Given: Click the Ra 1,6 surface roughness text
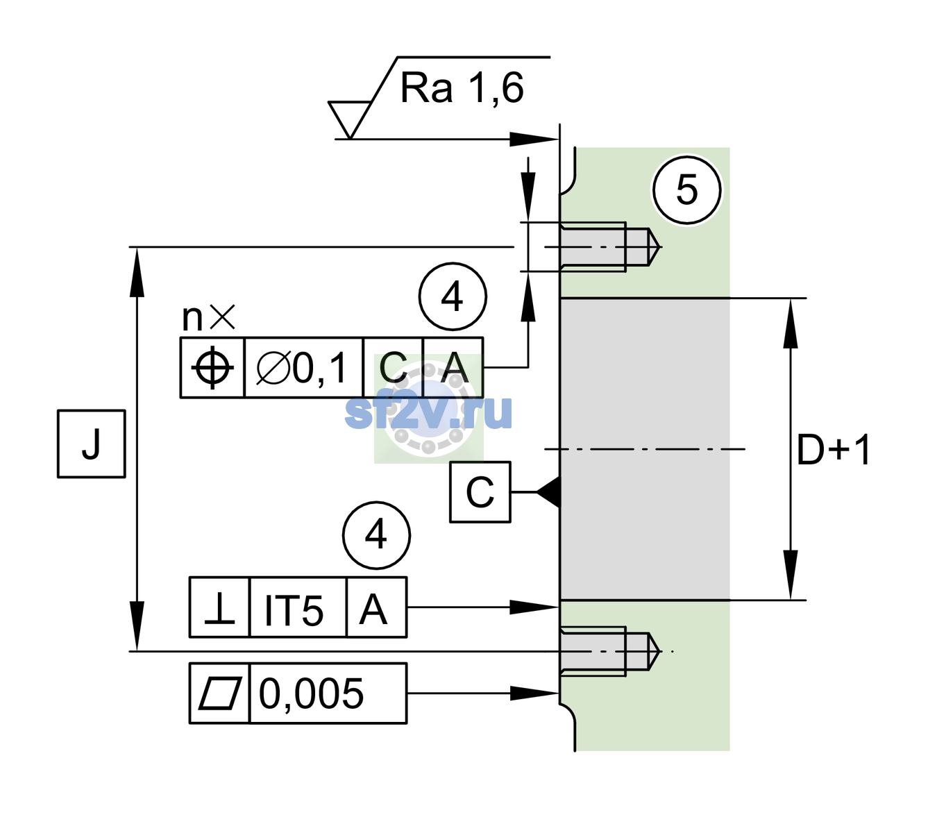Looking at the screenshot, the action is point(461,88).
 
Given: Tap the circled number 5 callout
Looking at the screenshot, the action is point(686,190).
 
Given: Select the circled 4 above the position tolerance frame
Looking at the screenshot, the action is point(453,296).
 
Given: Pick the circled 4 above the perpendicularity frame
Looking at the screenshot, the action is point(376,535).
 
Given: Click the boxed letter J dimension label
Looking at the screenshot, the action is point(91,444).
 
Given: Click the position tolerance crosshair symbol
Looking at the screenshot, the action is point(212,368).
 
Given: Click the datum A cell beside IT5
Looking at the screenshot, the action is point(376,607).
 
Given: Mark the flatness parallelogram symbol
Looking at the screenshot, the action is point(220,693).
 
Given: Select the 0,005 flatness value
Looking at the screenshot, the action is point(311,693).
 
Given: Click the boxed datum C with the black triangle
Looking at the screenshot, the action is point(480,491).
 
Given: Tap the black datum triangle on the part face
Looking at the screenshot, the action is point(548,491).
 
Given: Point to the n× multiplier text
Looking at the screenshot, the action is point(209,317).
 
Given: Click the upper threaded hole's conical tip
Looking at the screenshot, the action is point(654,247).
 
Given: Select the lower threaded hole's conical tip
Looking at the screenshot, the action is point(653,651).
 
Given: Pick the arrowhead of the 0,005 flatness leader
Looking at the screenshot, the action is point(534,693).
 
